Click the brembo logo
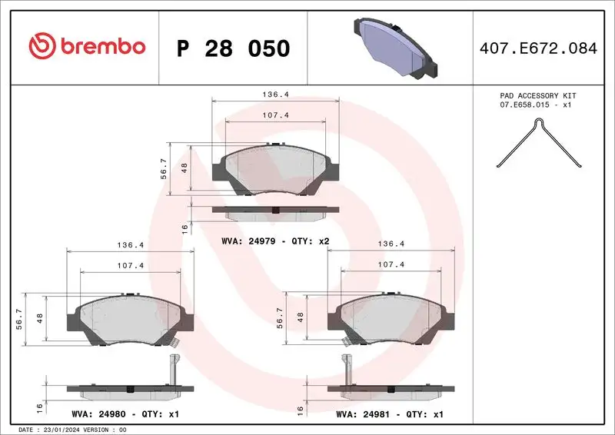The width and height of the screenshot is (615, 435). tap(86, 47)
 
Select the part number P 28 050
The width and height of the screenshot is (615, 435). tap(233, 48)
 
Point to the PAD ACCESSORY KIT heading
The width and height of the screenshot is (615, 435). tap(537, 96)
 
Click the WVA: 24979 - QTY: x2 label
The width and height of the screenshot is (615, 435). tap(275, 241)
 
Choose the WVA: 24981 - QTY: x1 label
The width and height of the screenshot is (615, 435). tap(390, 414)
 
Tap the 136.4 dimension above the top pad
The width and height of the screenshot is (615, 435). tap(275, 95)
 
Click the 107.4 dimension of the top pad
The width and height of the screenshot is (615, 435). tap(275, 115)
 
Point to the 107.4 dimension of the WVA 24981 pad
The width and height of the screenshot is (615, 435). tap(391, 264)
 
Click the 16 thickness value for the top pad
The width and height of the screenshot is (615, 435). tap(184, 229)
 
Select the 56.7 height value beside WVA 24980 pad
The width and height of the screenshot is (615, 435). tap(19, 317)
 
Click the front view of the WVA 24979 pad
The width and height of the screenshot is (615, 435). tap(275, 168)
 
